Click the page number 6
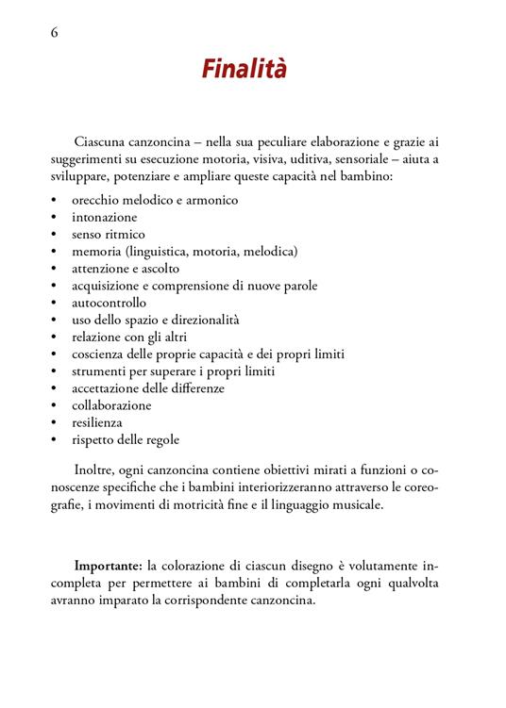54,32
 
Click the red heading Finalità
244,71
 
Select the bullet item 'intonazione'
104,217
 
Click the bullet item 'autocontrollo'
109,303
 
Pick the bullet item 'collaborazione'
111,405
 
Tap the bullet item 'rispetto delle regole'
126,439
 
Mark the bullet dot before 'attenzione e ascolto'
55,270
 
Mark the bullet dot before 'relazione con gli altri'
55,338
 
